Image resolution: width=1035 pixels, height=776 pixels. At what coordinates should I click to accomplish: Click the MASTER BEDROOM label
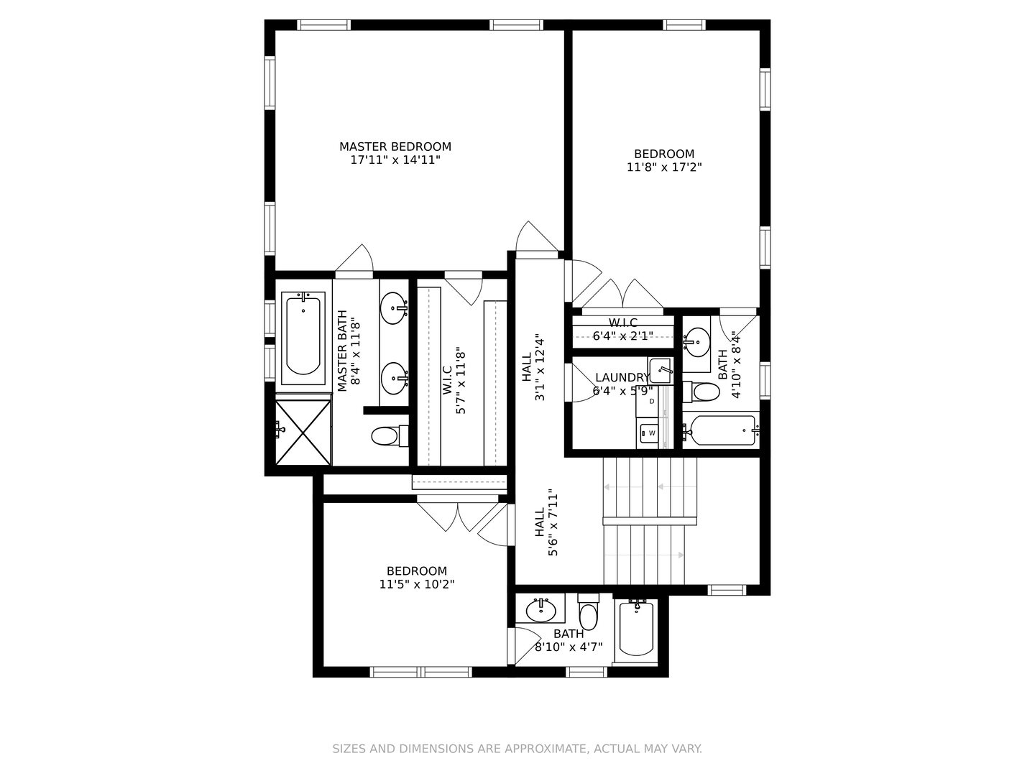[395, 147]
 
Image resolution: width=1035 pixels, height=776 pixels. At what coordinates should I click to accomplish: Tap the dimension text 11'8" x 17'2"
[664, 167]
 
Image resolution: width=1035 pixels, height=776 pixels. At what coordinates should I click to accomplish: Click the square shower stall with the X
[303, 432]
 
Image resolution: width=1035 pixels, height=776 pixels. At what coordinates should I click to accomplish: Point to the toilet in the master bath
[389, 435]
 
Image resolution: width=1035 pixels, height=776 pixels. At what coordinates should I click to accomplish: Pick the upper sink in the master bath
[393, 309]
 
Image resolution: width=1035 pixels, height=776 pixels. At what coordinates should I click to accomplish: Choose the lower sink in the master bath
[393, 378]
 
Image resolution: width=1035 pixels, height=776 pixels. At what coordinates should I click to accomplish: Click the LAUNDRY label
[622, 377]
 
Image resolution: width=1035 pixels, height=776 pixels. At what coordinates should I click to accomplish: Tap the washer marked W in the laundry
[652, 433]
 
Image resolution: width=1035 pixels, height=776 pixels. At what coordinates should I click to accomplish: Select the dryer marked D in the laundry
[652, 402]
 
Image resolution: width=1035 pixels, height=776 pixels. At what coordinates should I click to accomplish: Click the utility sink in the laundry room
[661, 371]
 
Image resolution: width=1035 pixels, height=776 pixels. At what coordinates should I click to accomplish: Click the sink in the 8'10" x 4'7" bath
[540, 611]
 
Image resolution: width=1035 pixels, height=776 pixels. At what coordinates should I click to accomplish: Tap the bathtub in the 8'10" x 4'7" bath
[636, 628]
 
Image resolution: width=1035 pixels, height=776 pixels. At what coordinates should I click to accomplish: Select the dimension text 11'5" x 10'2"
[417, 585]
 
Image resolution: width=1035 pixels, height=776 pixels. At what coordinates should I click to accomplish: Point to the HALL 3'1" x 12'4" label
[533, 368]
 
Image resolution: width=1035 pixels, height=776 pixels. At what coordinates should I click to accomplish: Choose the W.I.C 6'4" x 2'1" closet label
[623, 329]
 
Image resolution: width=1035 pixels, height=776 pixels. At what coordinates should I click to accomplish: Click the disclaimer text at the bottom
[517, 749]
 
